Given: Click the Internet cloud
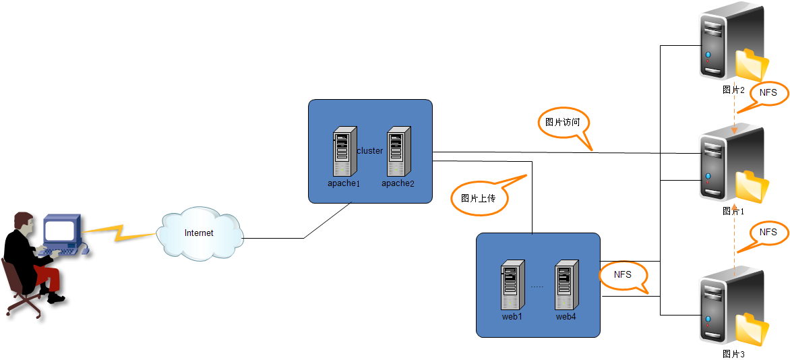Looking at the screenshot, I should tap(200, 234).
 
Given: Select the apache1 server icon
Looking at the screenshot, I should tap(344, 152).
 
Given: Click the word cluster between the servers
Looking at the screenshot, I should tap(369, 151).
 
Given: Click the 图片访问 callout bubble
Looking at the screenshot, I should tap(562, 123).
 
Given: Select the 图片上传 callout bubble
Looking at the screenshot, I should tap(479, 198).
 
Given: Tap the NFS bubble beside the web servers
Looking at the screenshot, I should tap(622, 275).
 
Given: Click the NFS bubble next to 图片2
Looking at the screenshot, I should tap(767, 92).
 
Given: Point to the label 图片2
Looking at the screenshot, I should tap(733, 89).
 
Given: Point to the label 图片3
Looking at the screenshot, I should tap(733, 353).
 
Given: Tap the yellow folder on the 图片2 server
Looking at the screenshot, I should tap(751, 65).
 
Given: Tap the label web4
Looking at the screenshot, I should tap(566, 316).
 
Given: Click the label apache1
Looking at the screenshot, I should tap(344, 183).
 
